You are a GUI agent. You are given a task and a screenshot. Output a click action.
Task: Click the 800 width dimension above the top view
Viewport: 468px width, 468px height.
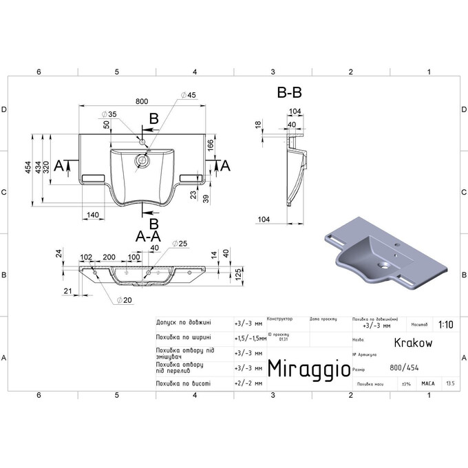tap(142, 101)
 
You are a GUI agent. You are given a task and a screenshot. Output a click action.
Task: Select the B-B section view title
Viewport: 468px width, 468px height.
tap(290, 92)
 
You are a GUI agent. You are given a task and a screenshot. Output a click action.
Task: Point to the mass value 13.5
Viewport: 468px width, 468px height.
tap(450, 383)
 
